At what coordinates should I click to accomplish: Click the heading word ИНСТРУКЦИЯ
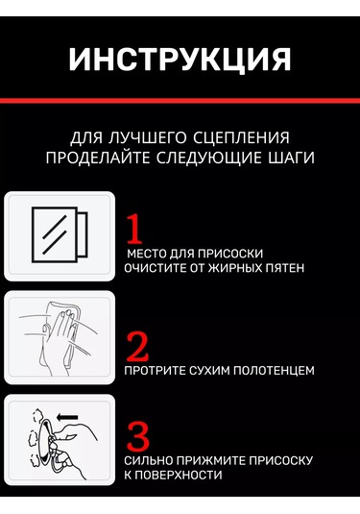[x=180, y=60]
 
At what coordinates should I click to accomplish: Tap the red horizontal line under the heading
[x=180, y=101]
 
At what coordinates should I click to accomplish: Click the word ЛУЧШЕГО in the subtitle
[x=147, y=137]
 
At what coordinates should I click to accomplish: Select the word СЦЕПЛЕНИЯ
[x=241, y=137]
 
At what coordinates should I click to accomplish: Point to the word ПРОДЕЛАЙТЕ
[x=98, y=158]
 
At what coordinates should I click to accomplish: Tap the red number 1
[x=134, y=229]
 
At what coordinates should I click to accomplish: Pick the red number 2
[x=137, y=347]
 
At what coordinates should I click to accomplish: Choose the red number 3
[x=138, y=436]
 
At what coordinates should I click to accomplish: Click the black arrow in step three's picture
[x=67, y=418]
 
